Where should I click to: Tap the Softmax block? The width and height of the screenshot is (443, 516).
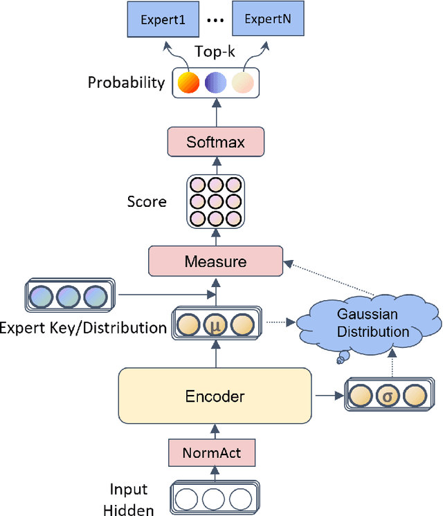click(x=215, y=143)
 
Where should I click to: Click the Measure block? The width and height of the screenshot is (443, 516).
click(x=215, y=262)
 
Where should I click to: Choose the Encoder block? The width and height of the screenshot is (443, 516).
click(x=215, y=396)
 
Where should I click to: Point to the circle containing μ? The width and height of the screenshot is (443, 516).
click(x=215, y=324)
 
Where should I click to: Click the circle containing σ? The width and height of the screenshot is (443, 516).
click(x=389, y=396)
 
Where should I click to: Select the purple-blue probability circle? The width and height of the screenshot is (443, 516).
click(x=215, y=84)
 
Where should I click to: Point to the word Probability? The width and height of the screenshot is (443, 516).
click(x=126, y=83)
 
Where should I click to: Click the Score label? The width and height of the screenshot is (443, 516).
click(x=146, y=202)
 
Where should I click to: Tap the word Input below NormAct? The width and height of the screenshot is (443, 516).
click(x=129, y=490)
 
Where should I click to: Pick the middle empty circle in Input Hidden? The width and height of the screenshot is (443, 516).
click(x=215, y=499)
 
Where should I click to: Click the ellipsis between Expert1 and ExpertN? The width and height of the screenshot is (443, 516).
click(x=215, y=21)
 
